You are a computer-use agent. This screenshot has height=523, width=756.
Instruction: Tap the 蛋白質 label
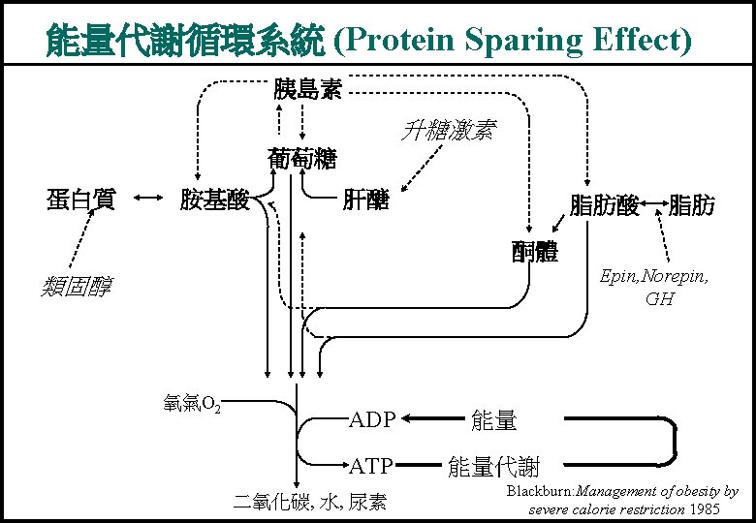pyautogui.click(x=81, y=200)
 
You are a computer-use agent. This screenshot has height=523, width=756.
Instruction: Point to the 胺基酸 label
pyautogui.click(x=215, y=200)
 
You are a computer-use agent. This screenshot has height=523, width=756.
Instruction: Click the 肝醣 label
pyautogui.click(x=366, y=200)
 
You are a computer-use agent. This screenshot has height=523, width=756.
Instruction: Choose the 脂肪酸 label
pyautogui.click(x=604, y=205)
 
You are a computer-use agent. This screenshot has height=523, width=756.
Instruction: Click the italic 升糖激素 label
pyautogui.click(x=447, y=130)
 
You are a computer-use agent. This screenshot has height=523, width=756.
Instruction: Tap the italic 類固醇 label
pyautogui.click(x=78, y=287)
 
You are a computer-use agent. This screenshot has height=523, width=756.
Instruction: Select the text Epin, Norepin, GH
pyautogui.click(x=654, y=287)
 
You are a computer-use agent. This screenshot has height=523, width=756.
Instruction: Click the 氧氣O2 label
pyautogui.click(x=193, y=404)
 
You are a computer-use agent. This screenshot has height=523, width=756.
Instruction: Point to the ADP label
pyautogui.click(x=372, y=419)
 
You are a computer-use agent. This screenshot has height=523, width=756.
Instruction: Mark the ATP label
pyautogui.click(x=371, y=466)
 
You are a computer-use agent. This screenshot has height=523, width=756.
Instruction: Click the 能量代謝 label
pyautogui.click(x=492, y=467)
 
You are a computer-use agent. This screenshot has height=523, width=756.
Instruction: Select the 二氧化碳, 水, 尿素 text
pyautogui.click(x=310, y=502)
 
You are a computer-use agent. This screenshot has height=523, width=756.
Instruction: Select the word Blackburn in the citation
pyautogui.click(x=539, y=492)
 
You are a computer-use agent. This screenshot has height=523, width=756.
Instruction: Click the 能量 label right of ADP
pyautogui.click(x=493, y=420)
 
